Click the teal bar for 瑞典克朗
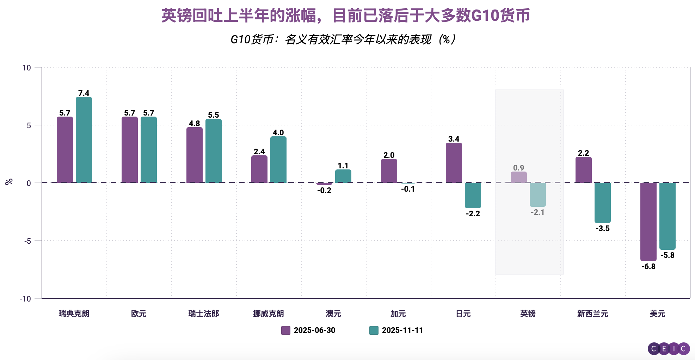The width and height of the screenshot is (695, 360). pyautogui.click(x=84, y=140)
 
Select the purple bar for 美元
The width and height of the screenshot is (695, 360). pyautogui.click(x=648, y=222)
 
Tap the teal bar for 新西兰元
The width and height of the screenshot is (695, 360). pyautogui.click(x=603, y=203)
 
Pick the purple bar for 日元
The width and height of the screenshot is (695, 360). pyautogui.click(x=454, y=163)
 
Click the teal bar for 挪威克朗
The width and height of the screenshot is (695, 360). pyautogui.click(x=278, y=160)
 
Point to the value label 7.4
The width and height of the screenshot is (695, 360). pyautogui.click(x=84, y=93)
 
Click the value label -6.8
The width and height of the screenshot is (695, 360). pyautogui.click(x=648, y=267)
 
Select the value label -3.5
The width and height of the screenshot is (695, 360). pyautogui.click(x=603, y=229)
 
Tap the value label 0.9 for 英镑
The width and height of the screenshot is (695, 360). pyautogui.click(x=519, y=168)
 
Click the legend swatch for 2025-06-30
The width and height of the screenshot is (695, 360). pyautogui.click(x=286, y=330)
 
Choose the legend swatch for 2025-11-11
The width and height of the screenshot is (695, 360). pyautogui.click(x=374, y=330)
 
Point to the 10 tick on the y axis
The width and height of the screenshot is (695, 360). pyautogui.click(x=27, y=68)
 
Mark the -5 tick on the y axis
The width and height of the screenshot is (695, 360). pyautogui.click(x=27, y=241)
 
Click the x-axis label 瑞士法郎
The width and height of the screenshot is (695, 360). pyautogui.click(x=204, y=314)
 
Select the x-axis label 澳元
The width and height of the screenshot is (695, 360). pyautogui.click(x=333, y=314)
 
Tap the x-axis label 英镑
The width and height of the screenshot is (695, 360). pyautogui.click(x=528, y=314)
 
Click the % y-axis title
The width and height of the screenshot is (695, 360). pyautogui.click(x=9, y=182)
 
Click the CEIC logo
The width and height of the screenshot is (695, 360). pyautogui.click(x=669, y=349)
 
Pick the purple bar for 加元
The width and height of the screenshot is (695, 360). pyautogui.click(x=389, y=171)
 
